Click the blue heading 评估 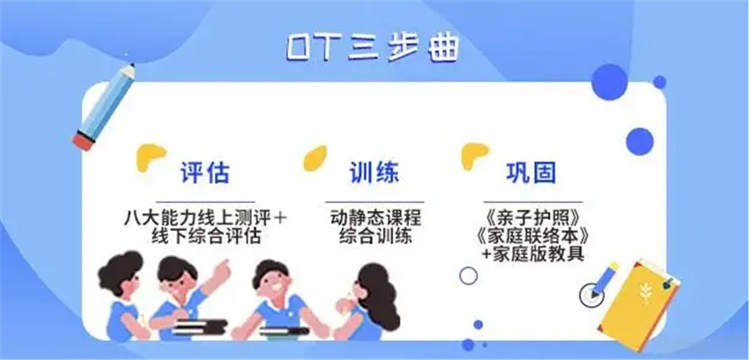coord(205,173)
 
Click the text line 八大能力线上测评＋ coord(205,219)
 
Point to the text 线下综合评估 coord(205,237)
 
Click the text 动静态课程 coord(375,219)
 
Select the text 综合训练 coord(375,237)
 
